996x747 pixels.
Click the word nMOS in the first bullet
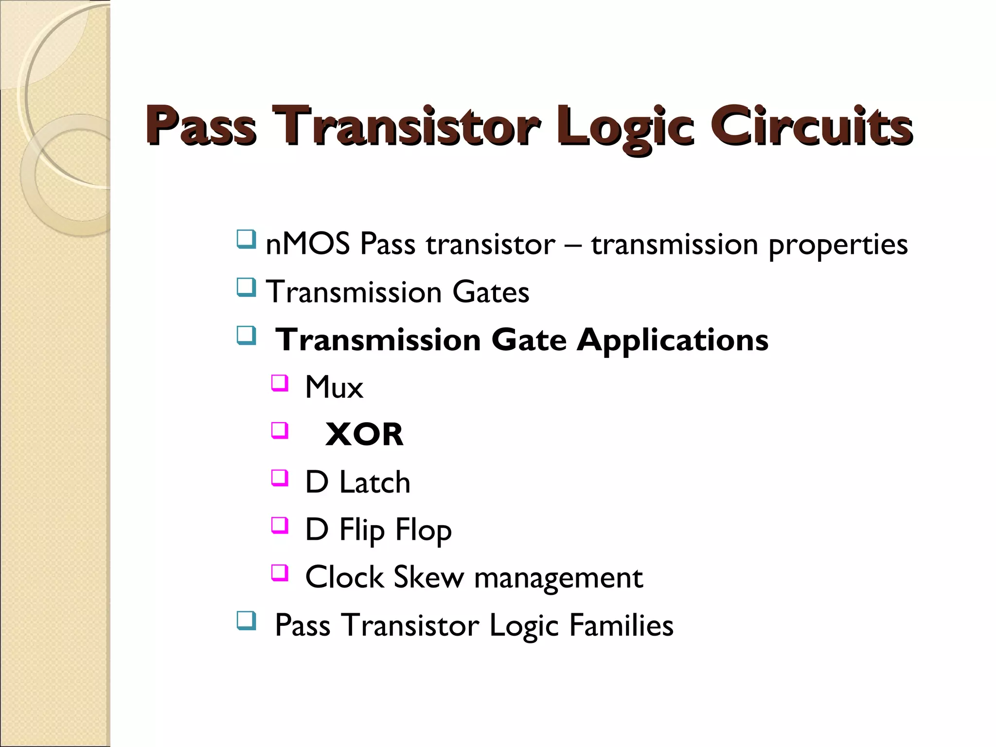pyautogui.click(x=307, y=244)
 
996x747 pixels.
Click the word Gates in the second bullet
pyautogui.click(x=490, y=292)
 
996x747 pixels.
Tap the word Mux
pyautogui.click(x=334, y=388)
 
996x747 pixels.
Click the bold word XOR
pyautogui.click(x=364, y=434)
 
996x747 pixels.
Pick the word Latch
pyautogui.click(x=374, y=482)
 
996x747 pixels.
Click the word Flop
pyautogui.click(x=423, y=530)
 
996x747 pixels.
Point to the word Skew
pyautogui.click(x=428, y=577)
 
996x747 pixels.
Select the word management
pyautogui.click(x=558, y=578)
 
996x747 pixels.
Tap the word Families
pyautogui.click(x=621, y=625)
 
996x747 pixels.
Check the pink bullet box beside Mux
pyautogui.click(x=280, y=383)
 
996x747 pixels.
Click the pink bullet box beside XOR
pyautogui.click(x=280, y=430)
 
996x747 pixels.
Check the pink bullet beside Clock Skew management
pyautogui.click(x=280, y=573)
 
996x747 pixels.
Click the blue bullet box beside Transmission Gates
pyautogui.click(x=246, y=287)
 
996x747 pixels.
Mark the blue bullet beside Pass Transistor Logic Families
pyautogui.click(x=246, y=621)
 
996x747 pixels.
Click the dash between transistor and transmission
pyautogui.click(x=573, y=245)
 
